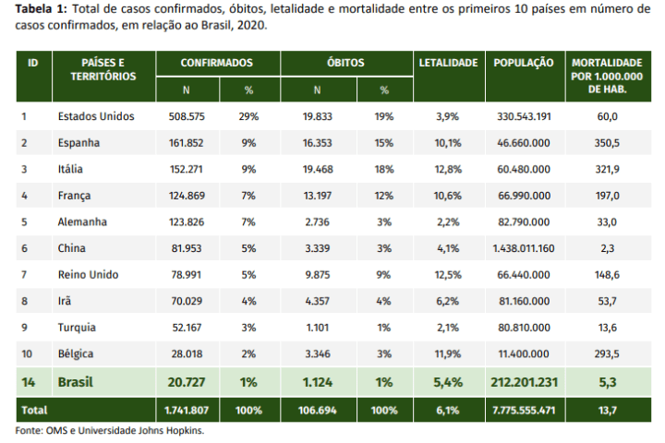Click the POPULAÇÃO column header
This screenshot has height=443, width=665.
(x=524, y=63)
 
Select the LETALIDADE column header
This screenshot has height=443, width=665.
(x=448, y=63)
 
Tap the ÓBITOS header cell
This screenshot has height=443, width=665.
(x=345, y=63)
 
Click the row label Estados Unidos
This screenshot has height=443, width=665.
(x=96, y=116)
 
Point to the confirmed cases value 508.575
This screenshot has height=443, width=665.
(x=187, y=116)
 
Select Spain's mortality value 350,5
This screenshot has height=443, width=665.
(x=607, y=143)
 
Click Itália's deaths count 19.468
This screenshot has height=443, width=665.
(x=318, y=169)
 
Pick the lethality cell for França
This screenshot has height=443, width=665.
(x=447, y=196)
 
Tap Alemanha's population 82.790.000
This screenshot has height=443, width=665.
(x=525, y=222)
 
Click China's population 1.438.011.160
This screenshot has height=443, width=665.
(x=524, y=248)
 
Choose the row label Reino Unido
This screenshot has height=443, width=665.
(x=89, y=275)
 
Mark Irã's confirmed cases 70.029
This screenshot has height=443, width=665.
(x=187, y=302)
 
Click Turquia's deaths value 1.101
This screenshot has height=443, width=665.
(x=317, y=328)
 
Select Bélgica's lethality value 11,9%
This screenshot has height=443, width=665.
(x=447, y=354)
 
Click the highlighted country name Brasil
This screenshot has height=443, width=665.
(x=76, y=382)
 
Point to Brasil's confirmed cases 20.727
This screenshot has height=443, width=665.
(x=187, y=382)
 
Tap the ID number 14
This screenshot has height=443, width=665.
(x=28, y=382)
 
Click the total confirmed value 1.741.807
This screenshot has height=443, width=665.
(x=187, y=411)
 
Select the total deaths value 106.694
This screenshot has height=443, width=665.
(x=318, y=411)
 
